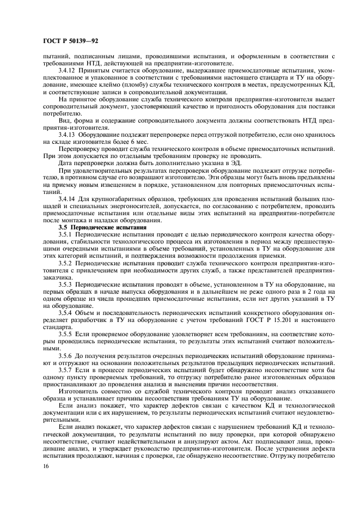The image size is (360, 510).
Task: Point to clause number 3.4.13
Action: [67, 133]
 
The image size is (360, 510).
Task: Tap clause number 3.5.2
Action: [65, 262]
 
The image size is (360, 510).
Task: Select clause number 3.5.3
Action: [65, 284]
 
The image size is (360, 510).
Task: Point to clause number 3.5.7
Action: [65, 369]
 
